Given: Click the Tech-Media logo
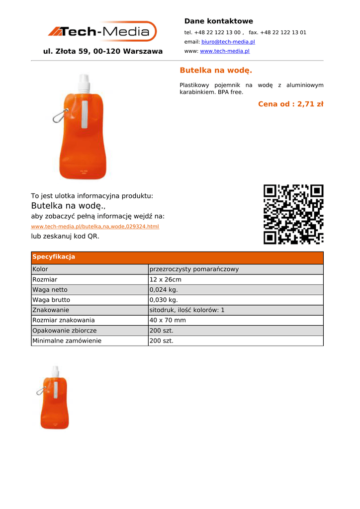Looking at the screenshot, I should tap(102, 32).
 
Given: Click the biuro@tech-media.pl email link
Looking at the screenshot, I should tap(228, 42).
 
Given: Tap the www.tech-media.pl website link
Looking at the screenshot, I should tap(224, 51).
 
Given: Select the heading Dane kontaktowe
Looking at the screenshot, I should tap(218, 21).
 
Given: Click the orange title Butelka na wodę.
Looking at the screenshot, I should tap(216, 70).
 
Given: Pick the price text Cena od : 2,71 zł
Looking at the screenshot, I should tap(290, 104).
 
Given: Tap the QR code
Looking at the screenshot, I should tap(293, 214).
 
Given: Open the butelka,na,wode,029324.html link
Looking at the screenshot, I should tap(95, 227).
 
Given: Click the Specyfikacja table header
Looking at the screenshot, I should tap(54, 257).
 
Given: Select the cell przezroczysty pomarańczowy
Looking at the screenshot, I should tap(194, 269).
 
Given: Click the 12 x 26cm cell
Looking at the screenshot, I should tap(165, 280).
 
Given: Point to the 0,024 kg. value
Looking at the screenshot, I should tap(163, 290).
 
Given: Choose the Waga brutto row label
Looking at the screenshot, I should tap(51, 300).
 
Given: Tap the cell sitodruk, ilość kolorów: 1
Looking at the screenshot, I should tap(187, 310).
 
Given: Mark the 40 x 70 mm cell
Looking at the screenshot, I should tap(168, 320).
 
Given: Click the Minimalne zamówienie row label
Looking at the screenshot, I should tap(67, 341).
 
